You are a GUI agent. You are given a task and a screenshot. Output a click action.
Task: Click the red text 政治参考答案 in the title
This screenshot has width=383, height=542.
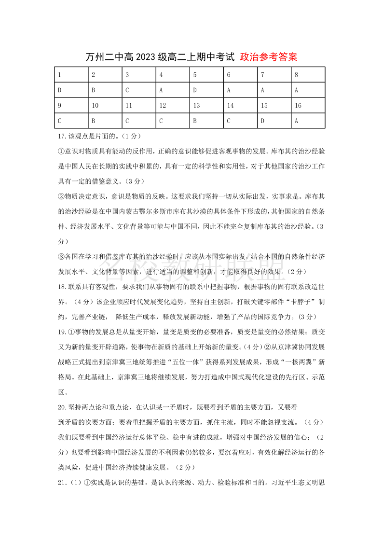tap(269, 57)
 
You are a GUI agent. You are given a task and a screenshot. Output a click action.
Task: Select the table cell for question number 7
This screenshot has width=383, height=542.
tap(274, 75)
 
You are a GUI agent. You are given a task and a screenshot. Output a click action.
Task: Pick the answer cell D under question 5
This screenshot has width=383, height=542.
tap(206, 90)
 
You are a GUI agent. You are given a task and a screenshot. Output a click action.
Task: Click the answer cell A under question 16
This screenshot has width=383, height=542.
tap(308, 121)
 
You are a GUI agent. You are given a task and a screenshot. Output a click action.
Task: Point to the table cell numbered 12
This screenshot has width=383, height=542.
tap(173, 106)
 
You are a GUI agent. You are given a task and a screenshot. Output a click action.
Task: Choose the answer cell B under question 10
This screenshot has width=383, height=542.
tap(105, 121)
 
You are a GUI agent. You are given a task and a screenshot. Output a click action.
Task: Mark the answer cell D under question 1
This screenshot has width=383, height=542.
tap(71, 90)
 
